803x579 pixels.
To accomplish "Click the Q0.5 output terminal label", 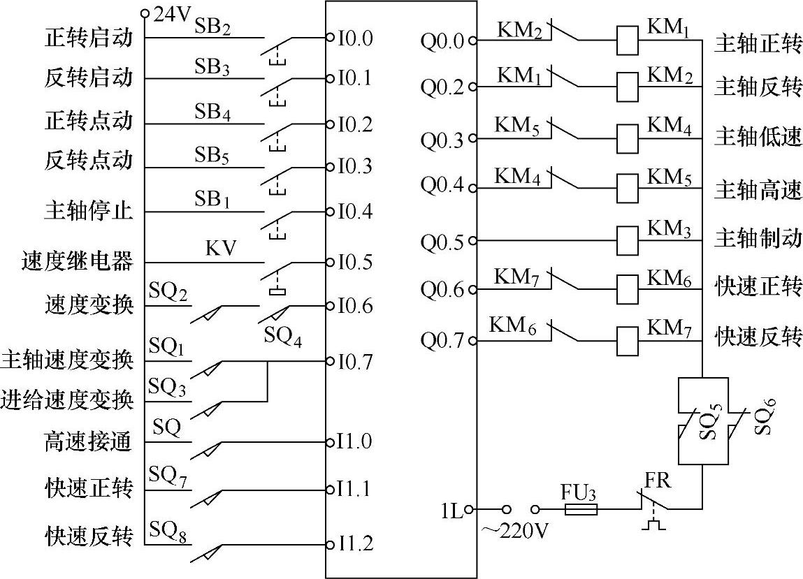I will (442, 242).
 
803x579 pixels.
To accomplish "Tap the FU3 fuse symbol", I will (580, 510).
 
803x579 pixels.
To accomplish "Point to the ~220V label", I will (514, 532).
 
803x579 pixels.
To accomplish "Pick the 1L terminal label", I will (451, 511).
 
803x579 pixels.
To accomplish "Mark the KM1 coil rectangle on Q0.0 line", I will (627, 41).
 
